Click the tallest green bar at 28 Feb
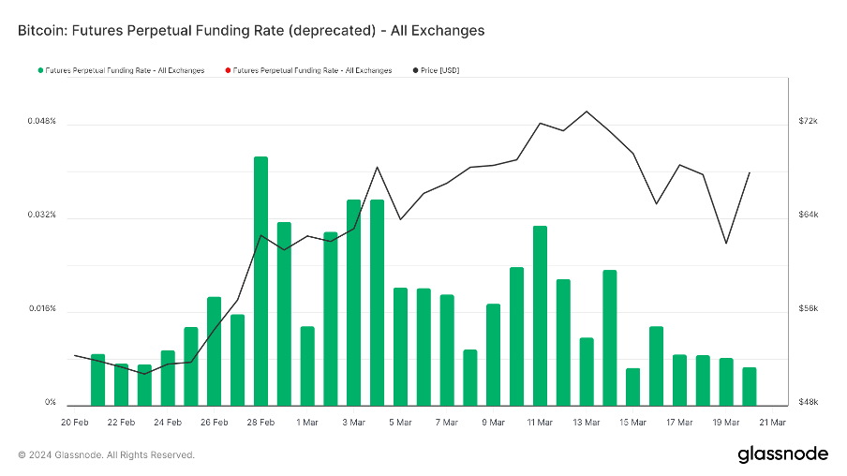click(261, 281)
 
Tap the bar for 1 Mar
click(307, 365)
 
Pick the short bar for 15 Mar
click(632, 386)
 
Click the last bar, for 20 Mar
click(749, 386)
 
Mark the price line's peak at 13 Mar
click(587, 112)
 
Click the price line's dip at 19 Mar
click(726, 244)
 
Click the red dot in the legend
click(228, 70)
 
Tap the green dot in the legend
click(39, 70)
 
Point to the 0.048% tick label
click(41, 122)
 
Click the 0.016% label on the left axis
click(41, 309)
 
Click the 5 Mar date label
click(400, 423)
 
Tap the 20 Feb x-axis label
click(75, 423)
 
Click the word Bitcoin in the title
click(43, 30)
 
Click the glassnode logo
click(783, 454)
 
